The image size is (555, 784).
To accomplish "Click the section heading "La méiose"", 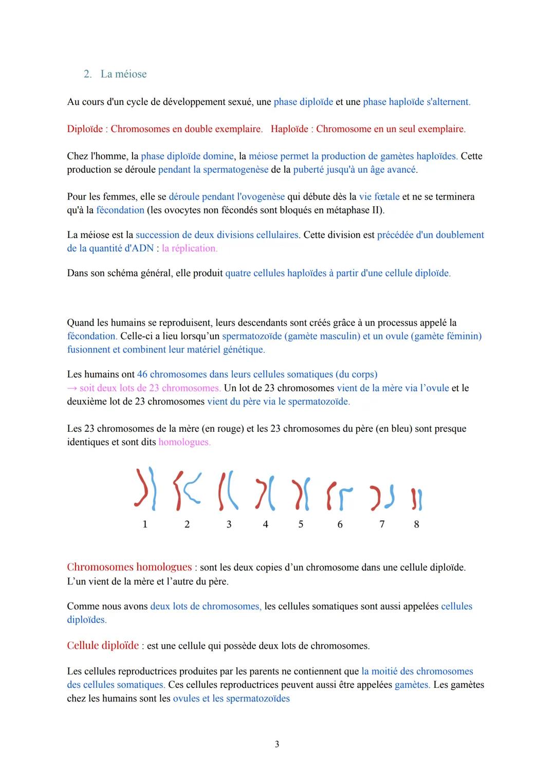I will click(123, 74).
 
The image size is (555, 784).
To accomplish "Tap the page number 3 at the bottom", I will click(277, 744).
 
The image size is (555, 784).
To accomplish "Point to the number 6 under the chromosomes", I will click(340, 524).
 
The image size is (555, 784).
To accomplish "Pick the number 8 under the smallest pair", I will click(416, 524).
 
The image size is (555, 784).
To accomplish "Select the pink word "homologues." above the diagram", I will click(184, 442).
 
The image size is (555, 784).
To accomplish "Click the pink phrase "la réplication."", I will click(189, 248).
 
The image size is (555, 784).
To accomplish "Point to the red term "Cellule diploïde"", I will click(103, 645).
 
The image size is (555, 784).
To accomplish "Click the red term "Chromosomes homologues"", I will click(129, 567).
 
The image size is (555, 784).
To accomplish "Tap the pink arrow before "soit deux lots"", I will click(72, 388).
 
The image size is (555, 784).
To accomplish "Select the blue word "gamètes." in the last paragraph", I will click(412, 685).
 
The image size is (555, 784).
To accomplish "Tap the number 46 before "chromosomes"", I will click(142, 374).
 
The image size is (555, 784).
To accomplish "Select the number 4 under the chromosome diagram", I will click(265, 524).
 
